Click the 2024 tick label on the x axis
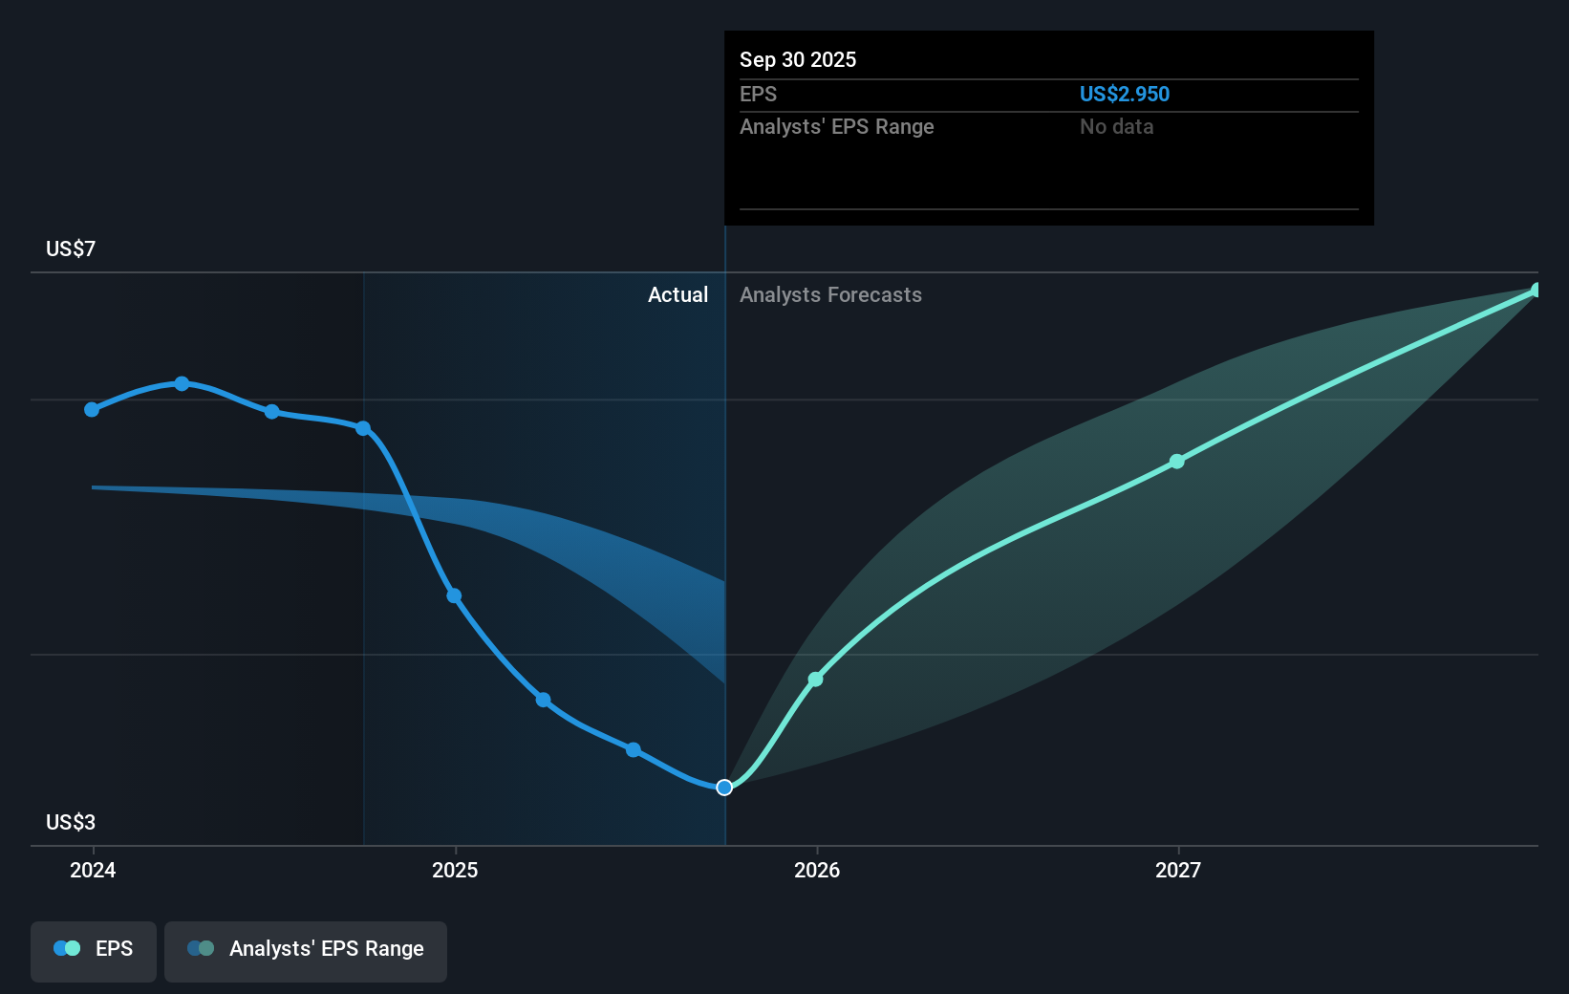[x=93, y=870]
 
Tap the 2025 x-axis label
[x=455, y=870]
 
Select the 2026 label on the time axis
[x=817, y=870]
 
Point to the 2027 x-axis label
[x=1178, y=870]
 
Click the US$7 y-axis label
[x=71, y=248]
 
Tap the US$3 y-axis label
[x=71, y=822]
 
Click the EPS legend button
[x=94, y=949]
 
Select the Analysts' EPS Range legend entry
[x=306, y=949]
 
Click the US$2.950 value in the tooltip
[x=1124, y=94]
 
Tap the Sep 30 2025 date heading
[x=798, y=59]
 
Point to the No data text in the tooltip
[x=1116, y=126]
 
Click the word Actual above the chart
[x=677, y=294]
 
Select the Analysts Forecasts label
[x=830, y=294]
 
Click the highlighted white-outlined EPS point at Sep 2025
[x=724, y=788]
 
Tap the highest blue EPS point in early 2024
[x=182, y=383]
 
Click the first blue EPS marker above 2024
[x=92, y=409]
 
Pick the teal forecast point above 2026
[x=815, y=680]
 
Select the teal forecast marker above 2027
[x=1177, y=462]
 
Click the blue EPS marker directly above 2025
[x=454, y=596]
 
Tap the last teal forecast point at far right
[x=1536, y=290]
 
